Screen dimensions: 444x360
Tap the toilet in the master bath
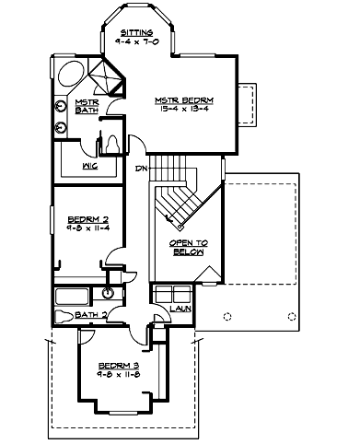(110, 145)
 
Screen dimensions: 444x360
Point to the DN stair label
(140, 169)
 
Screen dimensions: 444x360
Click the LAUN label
(181, 308)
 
